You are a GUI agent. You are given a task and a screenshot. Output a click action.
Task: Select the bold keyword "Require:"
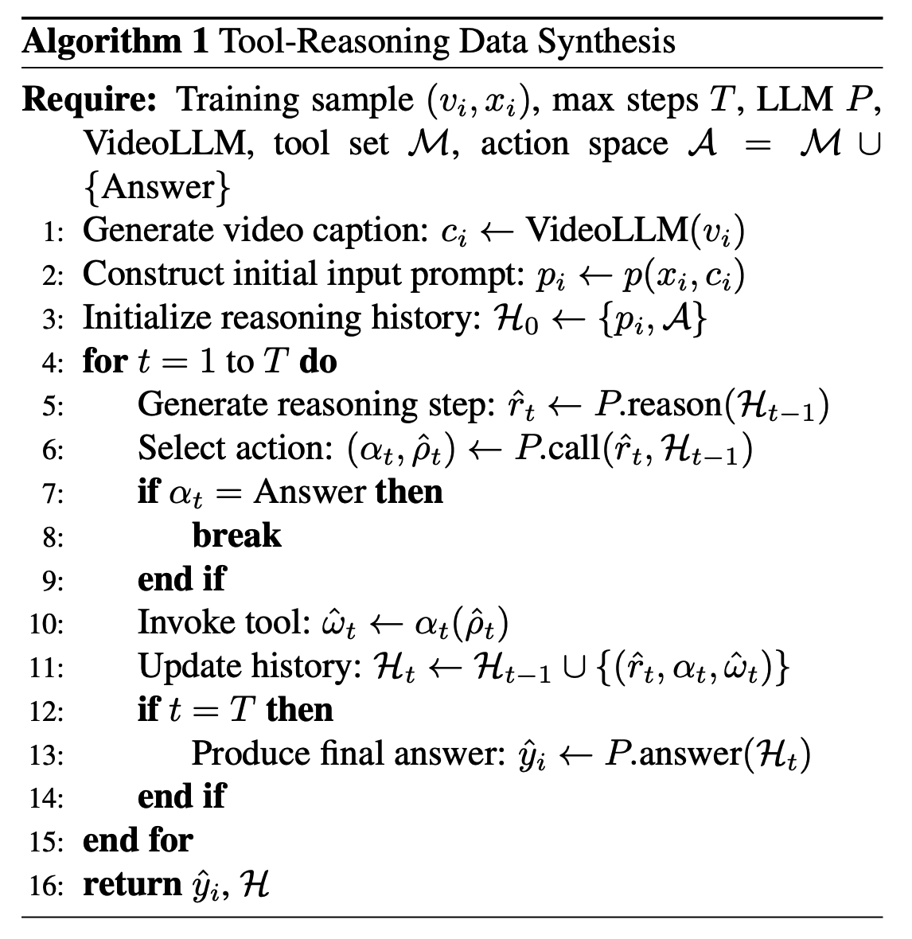[x=91, y=100]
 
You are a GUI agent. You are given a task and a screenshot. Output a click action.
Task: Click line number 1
[x=53, y=232]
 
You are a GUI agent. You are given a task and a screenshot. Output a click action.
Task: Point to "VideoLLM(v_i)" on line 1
[x=636, y=230]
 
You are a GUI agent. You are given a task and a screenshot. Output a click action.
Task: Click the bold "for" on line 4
[x=105, y=361]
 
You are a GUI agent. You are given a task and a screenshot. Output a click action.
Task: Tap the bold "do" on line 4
[x=318, y=361]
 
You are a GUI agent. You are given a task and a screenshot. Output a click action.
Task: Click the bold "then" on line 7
[x=409, y=492]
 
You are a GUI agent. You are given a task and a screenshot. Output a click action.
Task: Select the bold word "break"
[x=236, y=536]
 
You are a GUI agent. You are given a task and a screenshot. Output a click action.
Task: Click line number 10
[x=46, y=623]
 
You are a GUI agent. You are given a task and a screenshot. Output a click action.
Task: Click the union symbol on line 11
[x=571, y=667]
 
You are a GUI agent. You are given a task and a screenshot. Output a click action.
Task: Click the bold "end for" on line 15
[x=138, y=840]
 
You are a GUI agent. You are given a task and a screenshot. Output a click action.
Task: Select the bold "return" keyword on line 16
[x=132, y=883]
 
